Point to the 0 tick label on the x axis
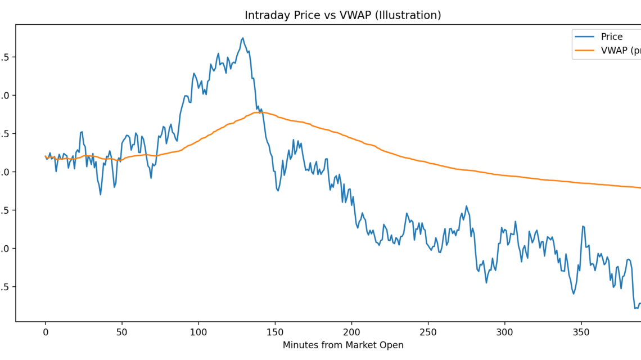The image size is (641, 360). coord(46,332)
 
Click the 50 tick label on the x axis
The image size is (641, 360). coord(122,332)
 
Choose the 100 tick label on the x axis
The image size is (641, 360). coord(198,332)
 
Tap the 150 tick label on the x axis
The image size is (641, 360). coord(275,332)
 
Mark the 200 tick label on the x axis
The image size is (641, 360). coord(351,332)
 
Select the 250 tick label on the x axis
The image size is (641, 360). coord(428,332)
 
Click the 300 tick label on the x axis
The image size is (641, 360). coord(504,332)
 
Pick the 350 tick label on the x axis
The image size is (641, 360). coord(581,332)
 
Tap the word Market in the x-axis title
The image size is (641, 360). coord(364,345)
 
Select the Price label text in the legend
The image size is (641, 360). coord(612,37)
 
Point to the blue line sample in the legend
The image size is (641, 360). coord(584,37)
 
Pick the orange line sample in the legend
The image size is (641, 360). coord(584,51)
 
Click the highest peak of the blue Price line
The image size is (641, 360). coord(243,38)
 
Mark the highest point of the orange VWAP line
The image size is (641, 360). coord(260,112)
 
